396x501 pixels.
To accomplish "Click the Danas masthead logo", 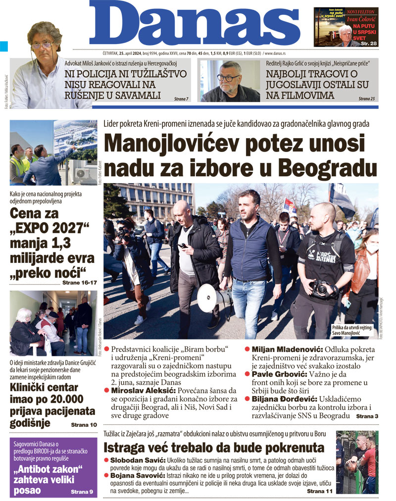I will [x=198, y=25].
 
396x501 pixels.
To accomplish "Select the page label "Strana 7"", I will [x=181, y=99].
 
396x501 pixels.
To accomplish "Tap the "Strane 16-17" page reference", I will [x=79, y=282].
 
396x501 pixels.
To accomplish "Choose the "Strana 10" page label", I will [x=84, y=424].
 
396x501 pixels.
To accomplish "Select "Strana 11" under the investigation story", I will [x=320, y=491].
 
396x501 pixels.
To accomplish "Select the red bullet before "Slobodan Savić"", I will [x=106, y=460].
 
